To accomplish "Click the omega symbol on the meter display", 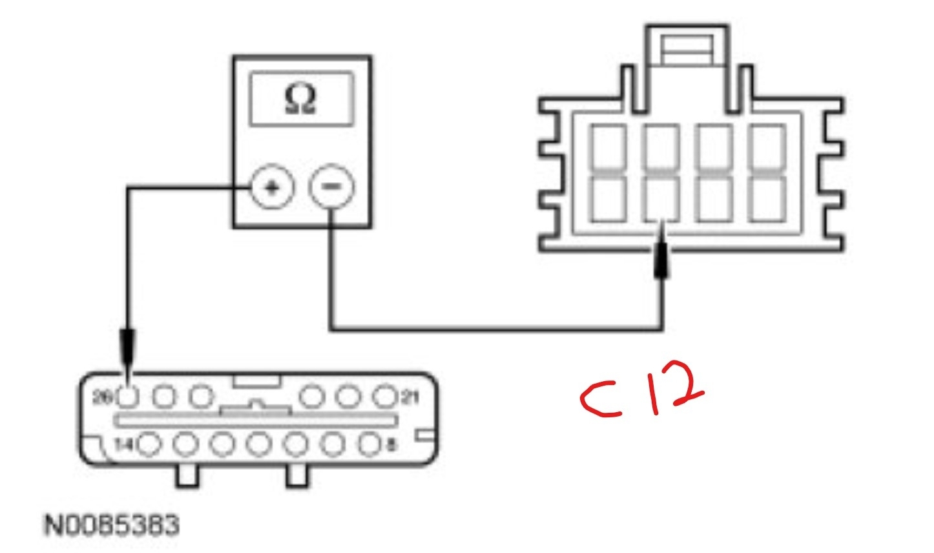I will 301,99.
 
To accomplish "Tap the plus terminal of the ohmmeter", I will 272,188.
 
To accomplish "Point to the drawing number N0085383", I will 111,525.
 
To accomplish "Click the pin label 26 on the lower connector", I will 103,397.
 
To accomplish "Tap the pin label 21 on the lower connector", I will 410,396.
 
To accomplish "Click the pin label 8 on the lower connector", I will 391,444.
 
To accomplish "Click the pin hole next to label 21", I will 385,395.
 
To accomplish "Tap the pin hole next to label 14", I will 150,444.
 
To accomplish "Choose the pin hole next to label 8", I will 369,444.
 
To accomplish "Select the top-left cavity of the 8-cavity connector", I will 609,148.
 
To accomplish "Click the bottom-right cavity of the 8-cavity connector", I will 767,198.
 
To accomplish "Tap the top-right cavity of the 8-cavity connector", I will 767,148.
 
